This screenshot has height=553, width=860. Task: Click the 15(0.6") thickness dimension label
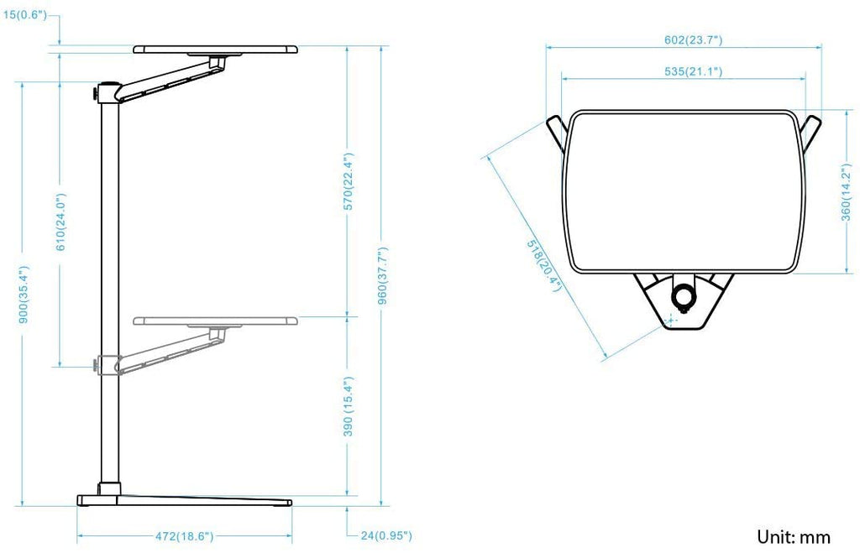coord(24,14)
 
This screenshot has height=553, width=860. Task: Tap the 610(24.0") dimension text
coord(60,222)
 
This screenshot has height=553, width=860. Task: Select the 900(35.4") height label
coord(24,295)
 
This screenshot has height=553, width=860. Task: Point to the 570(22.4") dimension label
coord(349,182)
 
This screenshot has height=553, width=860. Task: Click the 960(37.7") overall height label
coord(383,276)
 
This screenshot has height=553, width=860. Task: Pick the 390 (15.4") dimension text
coord(349,406)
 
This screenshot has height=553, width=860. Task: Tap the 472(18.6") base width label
coord(184,536)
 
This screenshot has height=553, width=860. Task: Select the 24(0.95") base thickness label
coord(386,535)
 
